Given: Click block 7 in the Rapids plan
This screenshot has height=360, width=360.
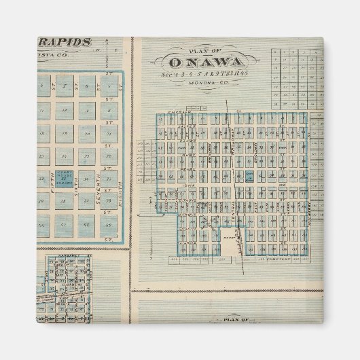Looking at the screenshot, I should pos(86,86).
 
